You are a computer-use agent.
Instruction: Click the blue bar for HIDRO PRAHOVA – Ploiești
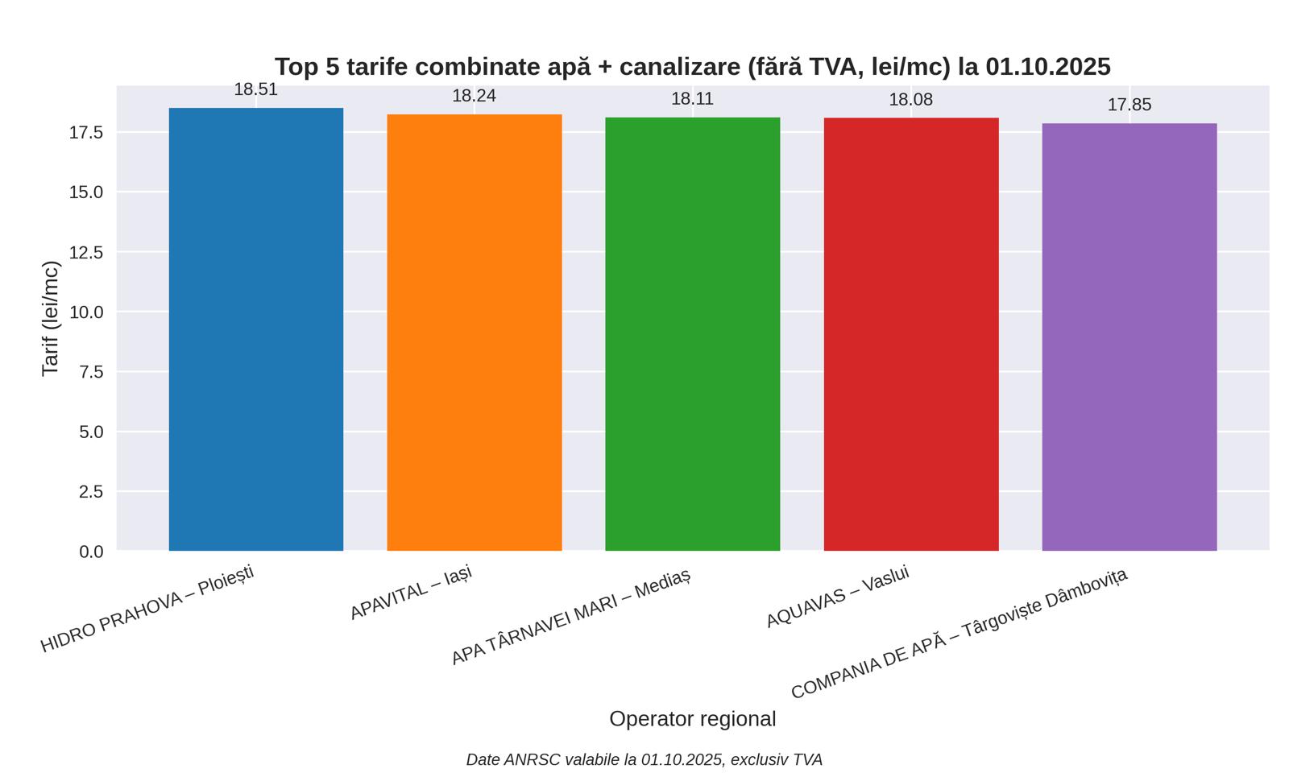tap(256, 329)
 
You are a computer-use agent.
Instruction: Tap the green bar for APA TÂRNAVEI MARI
tap(693, 334)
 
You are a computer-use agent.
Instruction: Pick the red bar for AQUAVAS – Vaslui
tap(911, 334)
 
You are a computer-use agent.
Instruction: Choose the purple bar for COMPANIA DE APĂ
tap(1129, 337)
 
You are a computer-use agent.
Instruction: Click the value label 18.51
tap(256, 90)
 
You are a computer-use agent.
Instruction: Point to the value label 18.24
tap(475, 97)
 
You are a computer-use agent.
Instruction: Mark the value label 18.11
tap(693, 99)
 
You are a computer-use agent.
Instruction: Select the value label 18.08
tap(911, 100)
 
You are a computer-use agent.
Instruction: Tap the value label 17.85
tap(1129, 105)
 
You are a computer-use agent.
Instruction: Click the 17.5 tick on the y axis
tap(86, 132)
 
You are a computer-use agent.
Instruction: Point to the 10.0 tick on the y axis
tap(86, 312)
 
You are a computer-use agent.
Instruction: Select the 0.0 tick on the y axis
tap(91, 552)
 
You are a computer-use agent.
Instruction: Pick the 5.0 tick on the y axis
tap(91, 432)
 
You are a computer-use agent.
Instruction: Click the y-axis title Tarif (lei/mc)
tap(51, 318)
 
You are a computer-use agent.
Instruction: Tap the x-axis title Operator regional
tap(693, 719)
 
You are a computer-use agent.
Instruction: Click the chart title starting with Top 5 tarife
tap(693, 67)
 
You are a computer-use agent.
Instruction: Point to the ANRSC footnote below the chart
tap(644, 760)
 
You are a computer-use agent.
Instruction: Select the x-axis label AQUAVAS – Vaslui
tap(838, 597)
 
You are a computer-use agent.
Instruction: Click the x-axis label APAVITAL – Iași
tap(411, 593)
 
